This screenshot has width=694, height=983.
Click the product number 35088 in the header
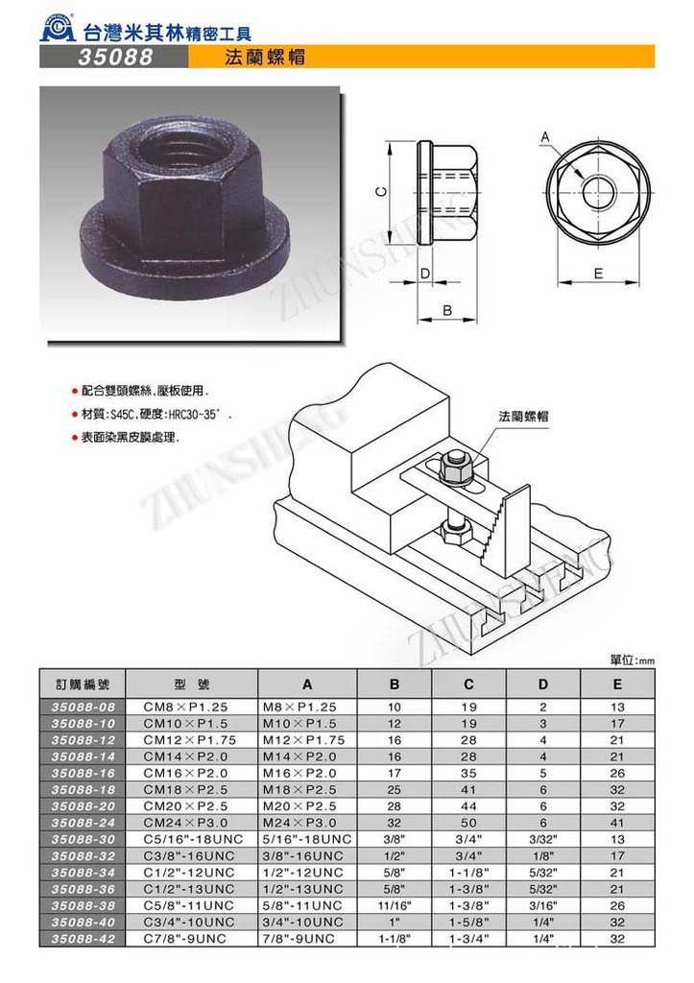coord(113,58)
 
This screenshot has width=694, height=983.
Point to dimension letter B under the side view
coord(448,310)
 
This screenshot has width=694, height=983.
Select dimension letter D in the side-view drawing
coord(424,274)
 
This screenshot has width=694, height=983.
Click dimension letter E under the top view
coord(597,274)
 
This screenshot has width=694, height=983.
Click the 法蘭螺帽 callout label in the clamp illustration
coord(523,417)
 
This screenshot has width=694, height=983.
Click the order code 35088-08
coord(83,707)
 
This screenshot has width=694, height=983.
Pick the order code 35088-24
coord(83,823)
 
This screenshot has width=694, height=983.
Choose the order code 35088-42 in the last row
coord(83,937)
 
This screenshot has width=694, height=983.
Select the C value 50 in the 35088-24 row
coord(469,823)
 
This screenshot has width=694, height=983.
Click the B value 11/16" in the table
coord(395,904)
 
